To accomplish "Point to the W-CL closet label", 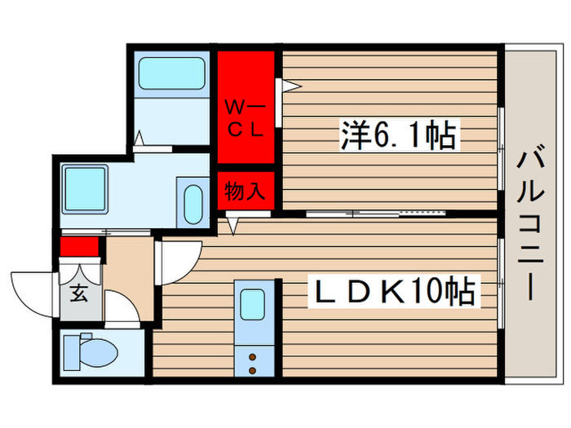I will [244, 119].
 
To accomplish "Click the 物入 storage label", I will [245, 192].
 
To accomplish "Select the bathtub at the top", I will [171, 73].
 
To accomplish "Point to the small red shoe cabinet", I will [79, 245].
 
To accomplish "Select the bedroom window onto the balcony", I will [501, 130].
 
